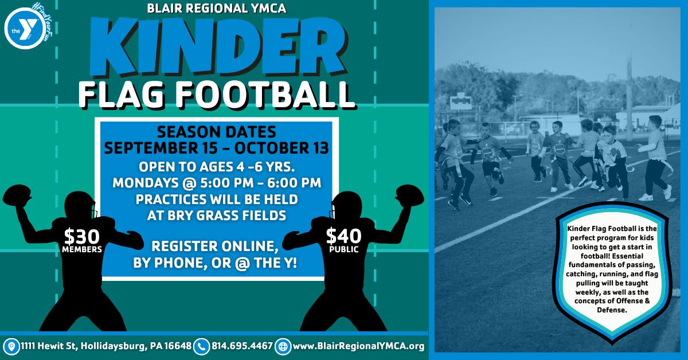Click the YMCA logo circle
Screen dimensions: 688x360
point(25,29)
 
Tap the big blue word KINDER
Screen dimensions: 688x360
point(218,46)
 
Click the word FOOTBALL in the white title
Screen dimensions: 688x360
point(267,95)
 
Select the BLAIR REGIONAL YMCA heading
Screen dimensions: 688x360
point(217,8)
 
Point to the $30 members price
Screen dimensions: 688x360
point(81,241)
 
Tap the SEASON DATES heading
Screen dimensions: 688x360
point(217,132)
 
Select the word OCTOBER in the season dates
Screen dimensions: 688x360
point(269,148)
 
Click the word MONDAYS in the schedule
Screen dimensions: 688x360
point(146,183)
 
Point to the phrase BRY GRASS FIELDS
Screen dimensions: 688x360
point(226,216)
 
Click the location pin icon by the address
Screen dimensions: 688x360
point(11,347)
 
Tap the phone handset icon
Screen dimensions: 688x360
point(201,347)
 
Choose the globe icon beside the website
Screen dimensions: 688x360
point(283,347)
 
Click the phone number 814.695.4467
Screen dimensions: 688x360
point(242,346)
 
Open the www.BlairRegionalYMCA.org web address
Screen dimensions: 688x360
point(358,346)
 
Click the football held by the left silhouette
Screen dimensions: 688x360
point(16,195)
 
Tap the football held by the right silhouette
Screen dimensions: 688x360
point(410,195)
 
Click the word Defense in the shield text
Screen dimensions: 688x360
point(612,310)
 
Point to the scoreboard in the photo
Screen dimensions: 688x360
point(461,102)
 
